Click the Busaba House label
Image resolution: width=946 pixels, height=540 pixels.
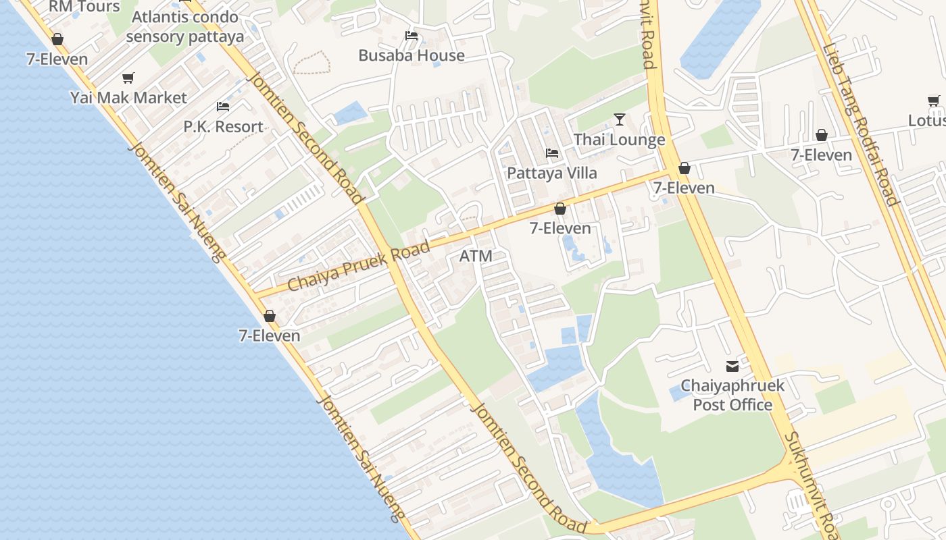click(x=412, y=55)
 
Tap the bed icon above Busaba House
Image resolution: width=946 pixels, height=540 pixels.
click(x=411, y=36)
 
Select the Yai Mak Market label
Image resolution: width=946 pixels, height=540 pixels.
click(x=128, y=98)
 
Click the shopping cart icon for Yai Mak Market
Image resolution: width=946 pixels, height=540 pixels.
click(x=128, y=78)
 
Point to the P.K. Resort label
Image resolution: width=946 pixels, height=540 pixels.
click(x=224, y=126)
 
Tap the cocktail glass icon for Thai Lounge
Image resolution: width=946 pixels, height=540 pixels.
click(x=620, y=119)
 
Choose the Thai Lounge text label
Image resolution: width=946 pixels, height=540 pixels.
click(x=620, y=140)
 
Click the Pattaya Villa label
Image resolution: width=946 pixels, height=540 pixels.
click(x=552, y=173)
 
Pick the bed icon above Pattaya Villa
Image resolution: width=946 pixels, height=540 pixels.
click(x=552, y=154)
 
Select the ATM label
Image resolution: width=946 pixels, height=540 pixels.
click(x=476, y=256)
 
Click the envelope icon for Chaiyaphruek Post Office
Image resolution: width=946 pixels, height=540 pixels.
click(x=732, y=367)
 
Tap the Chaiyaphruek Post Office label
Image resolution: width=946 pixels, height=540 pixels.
click(x=732, y=396)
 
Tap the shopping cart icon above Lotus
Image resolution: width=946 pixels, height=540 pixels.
click(x=934, y=101)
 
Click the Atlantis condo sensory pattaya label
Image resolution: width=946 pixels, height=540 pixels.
click(x=184, y=26)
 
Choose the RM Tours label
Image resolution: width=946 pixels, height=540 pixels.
click(x=84, y=7)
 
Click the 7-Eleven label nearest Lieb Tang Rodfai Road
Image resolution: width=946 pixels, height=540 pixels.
click(x=822, y=155)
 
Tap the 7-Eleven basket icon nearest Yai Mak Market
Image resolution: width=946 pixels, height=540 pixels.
click(x=57, y=40)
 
